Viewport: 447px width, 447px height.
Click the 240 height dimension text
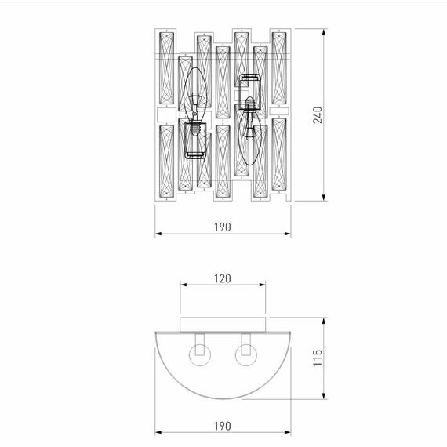tap(317, 115)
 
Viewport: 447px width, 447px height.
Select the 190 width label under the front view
tap(222, 227)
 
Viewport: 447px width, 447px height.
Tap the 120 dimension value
tap(225, 278)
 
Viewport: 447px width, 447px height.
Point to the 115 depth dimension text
tap(317, 360)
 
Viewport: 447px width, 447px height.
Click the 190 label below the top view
tap(222, 426)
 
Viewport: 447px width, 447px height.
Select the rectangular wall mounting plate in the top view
tap(225, 324)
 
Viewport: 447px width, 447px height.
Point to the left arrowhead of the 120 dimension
tap(184, 285)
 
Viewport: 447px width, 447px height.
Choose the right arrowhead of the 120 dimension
tap(267, 285)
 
